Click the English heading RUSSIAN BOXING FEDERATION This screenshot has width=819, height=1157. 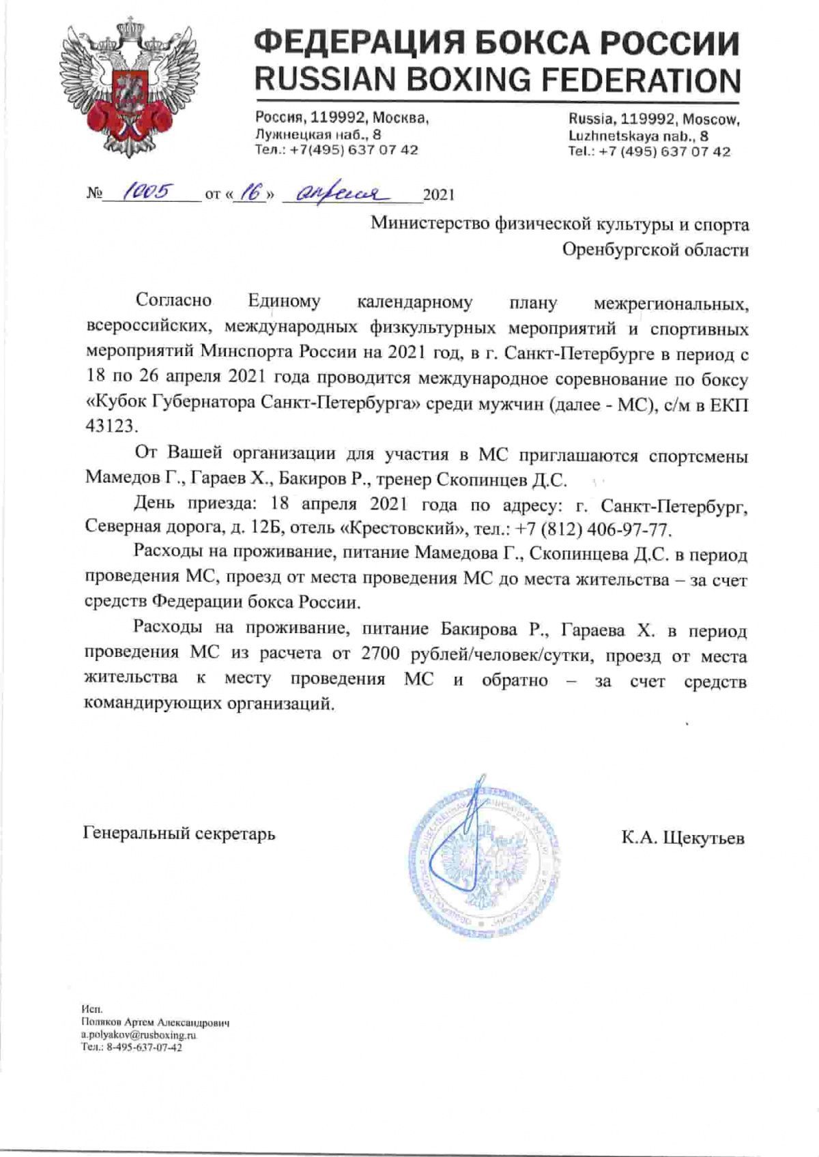[x=498, y=80]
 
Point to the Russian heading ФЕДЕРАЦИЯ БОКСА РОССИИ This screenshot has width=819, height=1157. [x=498, y=43]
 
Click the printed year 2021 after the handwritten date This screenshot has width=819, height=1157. [x=439, y=195]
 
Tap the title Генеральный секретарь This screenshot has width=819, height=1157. [x=179, y=833]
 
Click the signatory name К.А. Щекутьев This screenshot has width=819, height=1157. [x=682, y=838]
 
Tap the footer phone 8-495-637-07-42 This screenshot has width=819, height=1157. [x=141, y=1047]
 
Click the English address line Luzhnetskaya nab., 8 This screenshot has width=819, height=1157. [x=638, y=136]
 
